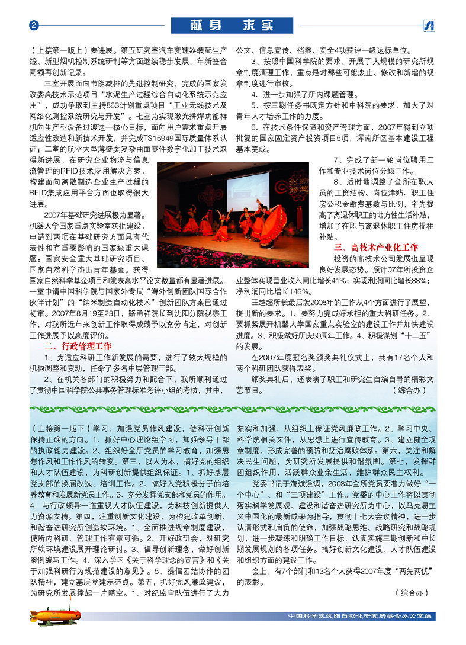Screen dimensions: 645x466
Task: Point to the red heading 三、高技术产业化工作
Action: point(376,247)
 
